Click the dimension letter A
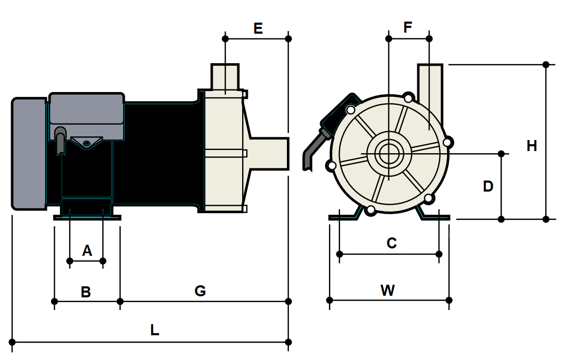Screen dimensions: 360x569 pyautogui.click(x=87, y=251)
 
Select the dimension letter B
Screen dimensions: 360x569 pyautogui.click(x=86, y=292)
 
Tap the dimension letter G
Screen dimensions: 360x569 pyautogui.click(x=200, y=291)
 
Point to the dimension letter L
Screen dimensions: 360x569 pyautogui.click(x=154, y=331)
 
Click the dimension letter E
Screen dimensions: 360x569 pyautogui.click(x=258, y=28)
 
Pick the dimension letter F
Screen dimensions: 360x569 pyautogui.click(x=408, y=28)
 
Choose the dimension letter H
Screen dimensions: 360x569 pyautogui.click(x=532, y=146)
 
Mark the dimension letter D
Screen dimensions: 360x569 pyautogui.click(x=488, y=186)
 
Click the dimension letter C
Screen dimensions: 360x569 pyautogui.click(x=391, y=243)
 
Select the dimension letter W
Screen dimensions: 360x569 pyautogui.click(x=388, y=290)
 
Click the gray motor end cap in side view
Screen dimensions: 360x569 pyautogui.click(x=29, y=153)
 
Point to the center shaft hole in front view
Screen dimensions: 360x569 pyautogui.click(x=388, y=154)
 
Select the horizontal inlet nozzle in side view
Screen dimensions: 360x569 pyautogui.click(x=268, y=153)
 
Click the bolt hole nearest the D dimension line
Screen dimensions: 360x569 pyautogui.click(x=447, y=142)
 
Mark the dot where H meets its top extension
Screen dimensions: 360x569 pyautogui.click(x=546, y=65)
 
